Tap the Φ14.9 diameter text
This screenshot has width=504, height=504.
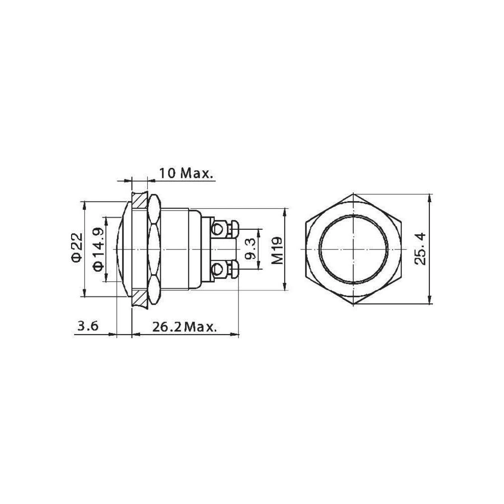click(99, 249)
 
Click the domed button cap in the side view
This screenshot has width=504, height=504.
click(121, 249)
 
